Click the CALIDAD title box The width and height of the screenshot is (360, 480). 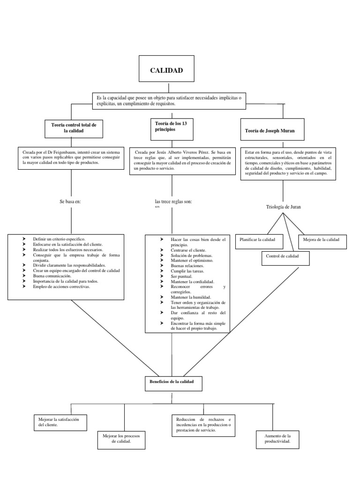[x=166, y=71]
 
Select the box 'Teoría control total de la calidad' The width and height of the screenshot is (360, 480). [x=74, y=128]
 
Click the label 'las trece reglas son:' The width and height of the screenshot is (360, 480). [x=173, y=202]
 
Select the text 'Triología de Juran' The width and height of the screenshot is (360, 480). [x=283, y=206]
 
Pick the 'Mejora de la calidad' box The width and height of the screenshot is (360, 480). [x=322, y=240]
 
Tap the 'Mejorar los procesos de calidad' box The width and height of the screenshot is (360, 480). [x=124, y=439]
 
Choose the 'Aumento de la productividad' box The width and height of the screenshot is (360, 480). [x=277, y=439]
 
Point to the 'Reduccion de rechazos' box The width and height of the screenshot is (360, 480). [x=204, y=425]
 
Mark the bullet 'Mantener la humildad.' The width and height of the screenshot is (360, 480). [x=191, y=297]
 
